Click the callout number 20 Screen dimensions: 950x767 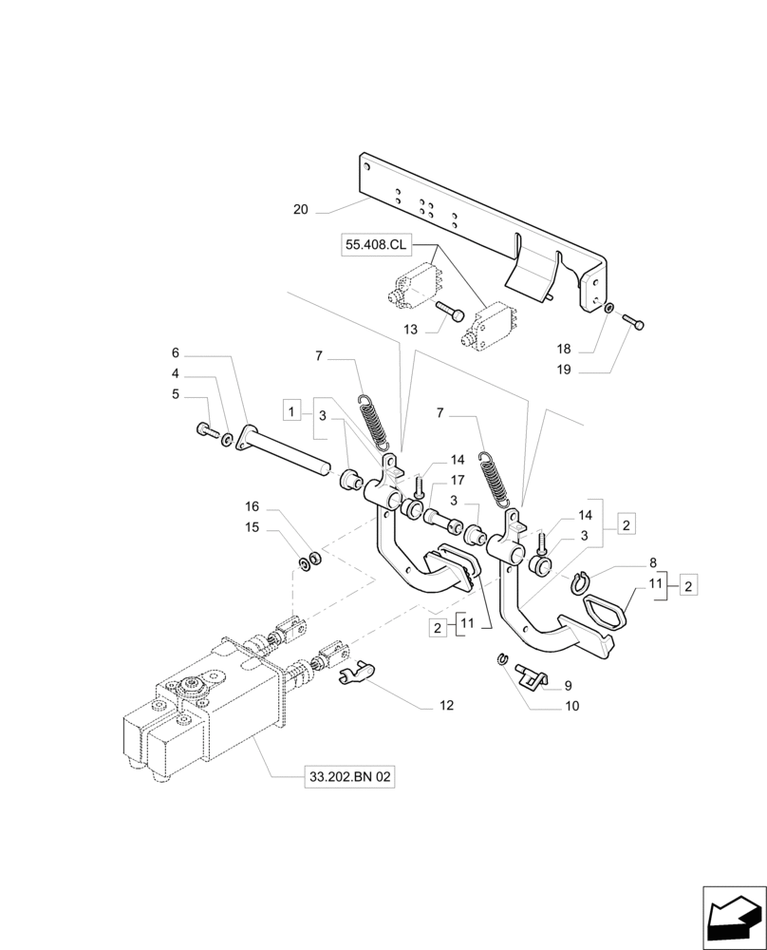point(300,209)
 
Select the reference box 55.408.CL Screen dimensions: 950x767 point(375,246)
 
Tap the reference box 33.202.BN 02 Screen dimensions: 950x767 point(349,777)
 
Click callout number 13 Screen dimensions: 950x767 point(409,330)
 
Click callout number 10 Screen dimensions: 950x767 point(571,706)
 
